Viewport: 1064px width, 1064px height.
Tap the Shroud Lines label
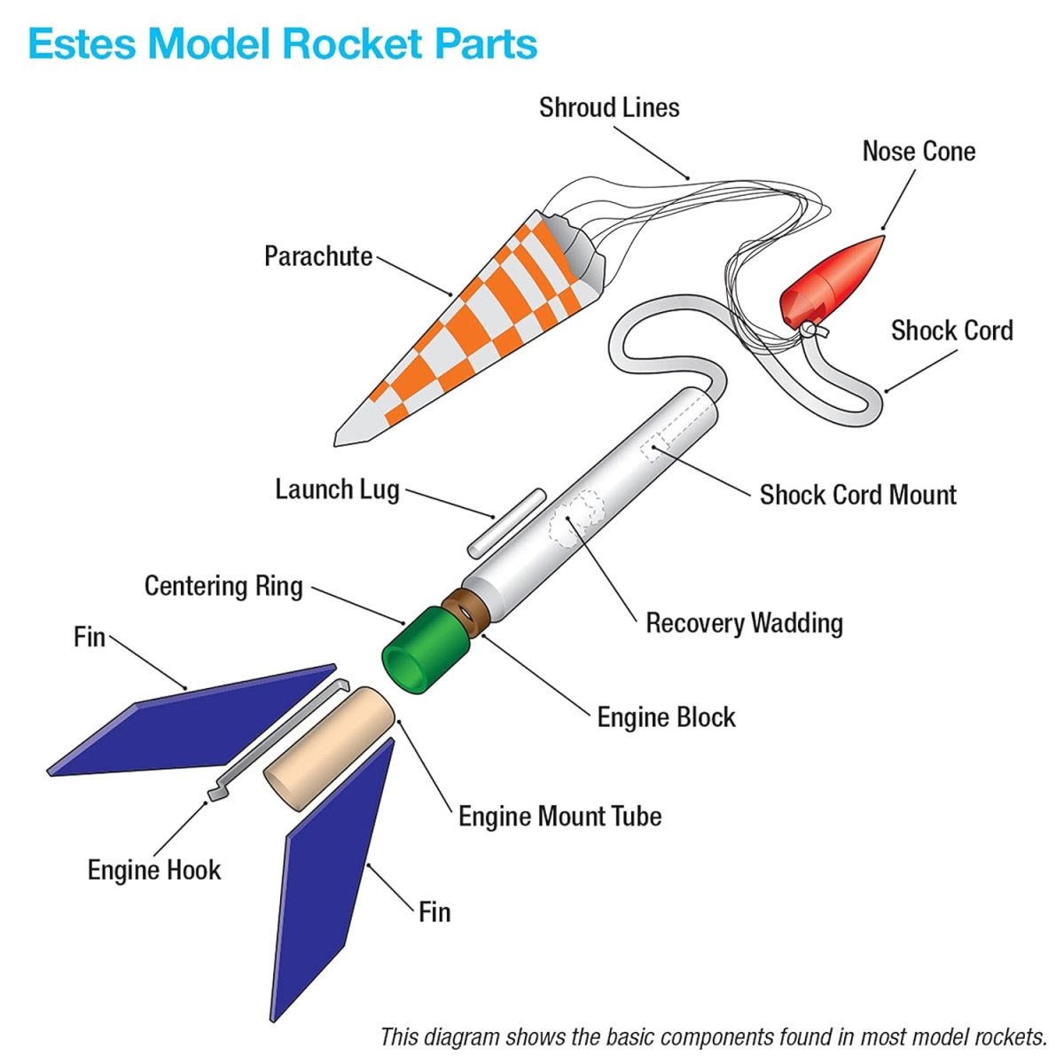(x=609, y=107)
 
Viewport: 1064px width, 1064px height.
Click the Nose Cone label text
(x=919, y=152)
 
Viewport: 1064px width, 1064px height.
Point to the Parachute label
(x=317, y=256)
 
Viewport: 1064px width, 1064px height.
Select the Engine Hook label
(x=153, y=870)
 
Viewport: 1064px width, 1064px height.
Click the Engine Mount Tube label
(x=559, y=816)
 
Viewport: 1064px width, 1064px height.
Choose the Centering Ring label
(x=223, y=586)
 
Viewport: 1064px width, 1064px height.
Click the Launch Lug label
(x=337, y=489)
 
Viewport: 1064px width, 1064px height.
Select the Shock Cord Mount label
(x=857, y=495)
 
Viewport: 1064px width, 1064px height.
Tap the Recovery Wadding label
(x=744, y=623)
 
